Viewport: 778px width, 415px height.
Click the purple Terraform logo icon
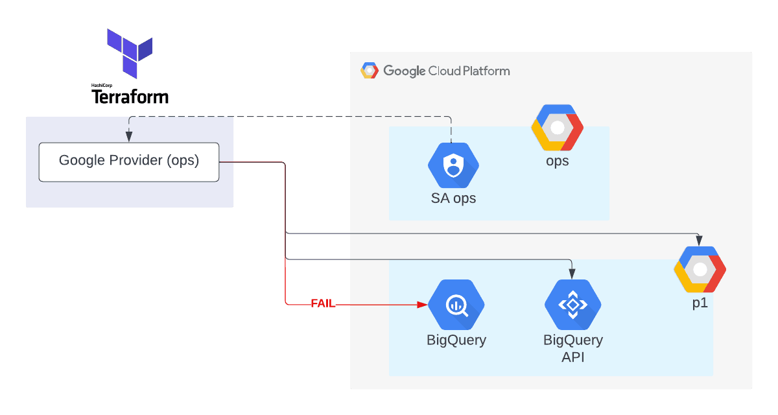point(130,52)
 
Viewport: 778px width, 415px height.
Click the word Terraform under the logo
point(130,97)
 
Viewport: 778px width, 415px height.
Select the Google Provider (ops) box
point(129,161)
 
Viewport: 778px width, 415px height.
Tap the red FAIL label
point(323,303)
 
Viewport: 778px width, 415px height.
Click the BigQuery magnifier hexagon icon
point(456,305)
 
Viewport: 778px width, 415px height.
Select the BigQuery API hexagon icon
point(572,305)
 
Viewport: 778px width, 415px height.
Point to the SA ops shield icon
point(453,165)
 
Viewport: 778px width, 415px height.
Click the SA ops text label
point(453,198)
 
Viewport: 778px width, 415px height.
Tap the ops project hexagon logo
point(557,127)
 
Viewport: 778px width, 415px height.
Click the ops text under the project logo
point(557,161)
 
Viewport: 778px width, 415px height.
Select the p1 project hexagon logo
point(700,269)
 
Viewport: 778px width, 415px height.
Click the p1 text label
point(700,303)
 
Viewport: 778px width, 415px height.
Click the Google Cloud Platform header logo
point(370,71)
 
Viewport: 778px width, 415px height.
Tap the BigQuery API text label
point(572,348)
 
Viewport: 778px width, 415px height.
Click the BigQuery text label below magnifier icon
point(456,340)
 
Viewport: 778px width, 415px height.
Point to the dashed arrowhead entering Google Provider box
point(129,137)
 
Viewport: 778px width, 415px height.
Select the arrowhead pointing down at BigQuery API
point(571,273)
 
